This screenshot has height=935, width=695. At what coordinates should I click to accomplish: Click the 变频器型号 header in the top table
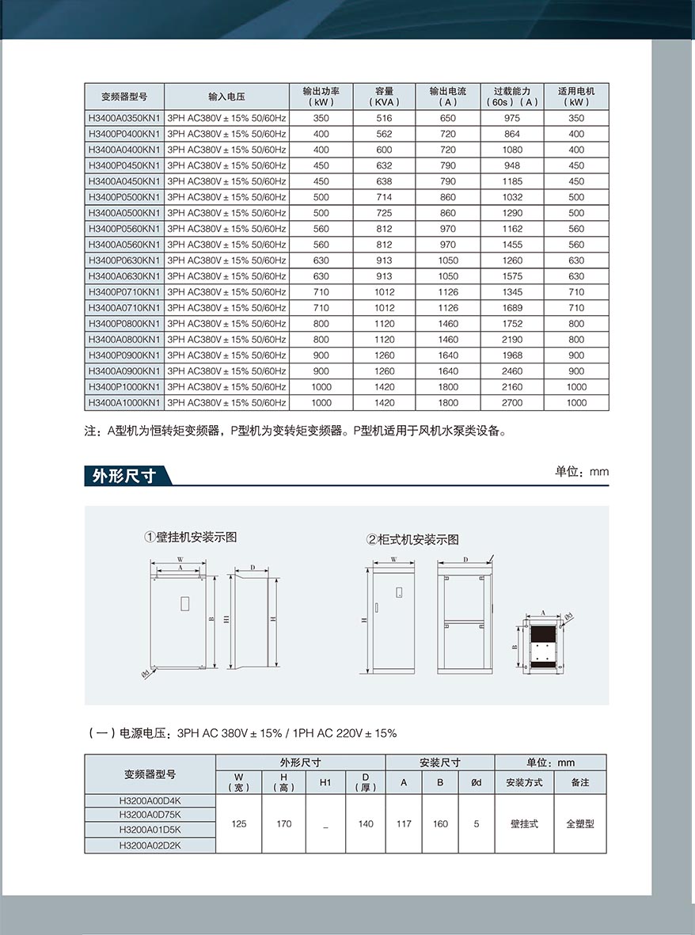(x=123, y=97)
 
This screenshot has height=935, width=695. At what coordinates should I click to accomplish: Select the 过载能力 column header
(x=512, y=97)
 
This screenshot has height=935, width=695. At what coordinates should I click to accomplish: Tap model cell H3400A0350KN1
(x=124, y=118)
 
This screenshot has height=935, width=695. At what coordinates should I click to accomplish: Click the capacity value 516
(x=384, y=118)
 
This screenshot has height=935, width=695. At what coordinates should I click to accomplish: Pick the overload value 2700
(x=512, y=403)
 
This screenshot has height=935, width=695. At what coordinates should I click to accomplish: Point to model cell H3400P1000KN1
(x=124, y=387)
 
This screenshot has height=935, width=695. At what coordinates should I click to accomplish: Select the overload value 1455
(x=512, y=245)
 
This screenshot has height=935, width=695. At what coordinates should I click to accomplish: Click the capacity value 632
(x=384, y=165)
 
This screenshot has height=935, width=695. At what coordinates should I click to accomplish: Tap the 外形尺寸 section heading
(x=123, y=476)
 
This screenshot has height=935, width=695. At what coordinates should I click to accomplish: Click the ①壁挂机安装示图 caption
(x=191, y=537)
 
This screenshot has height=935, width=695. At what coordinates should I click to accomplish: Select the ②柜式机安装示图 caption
(x=412, y=539)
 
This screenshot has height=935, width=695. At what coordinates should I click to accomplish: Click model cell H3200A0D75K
(x=150, y=814)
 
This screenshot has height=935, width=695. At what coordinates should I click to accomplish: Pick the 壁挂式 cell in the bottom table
(x=524, y=824)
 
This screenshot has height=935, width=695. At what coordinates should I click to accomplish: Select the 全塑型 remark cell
(x=579, y=824)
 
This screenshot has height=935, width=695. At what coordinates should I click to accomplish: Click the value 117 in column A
(x=404, y=824)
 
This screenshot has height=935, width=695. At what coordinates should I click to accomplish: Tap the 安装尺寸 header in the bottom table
(x=439, y=762)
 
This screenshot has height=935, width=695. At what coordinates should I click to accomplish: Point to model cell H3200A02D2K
(x=150, y=846)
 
